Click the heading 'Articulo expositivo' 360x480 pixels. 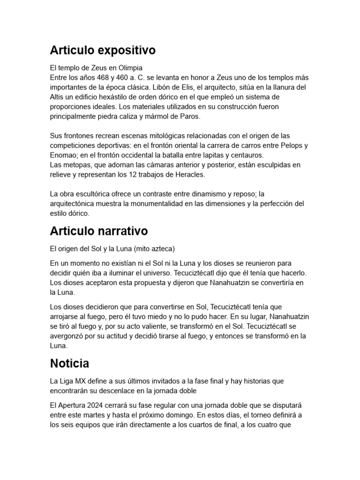(x=103, y=50)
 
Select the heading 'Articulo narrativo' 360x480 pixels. (x=99, y=231)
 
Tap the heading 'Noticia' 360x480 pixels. (x=69, y=363)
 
